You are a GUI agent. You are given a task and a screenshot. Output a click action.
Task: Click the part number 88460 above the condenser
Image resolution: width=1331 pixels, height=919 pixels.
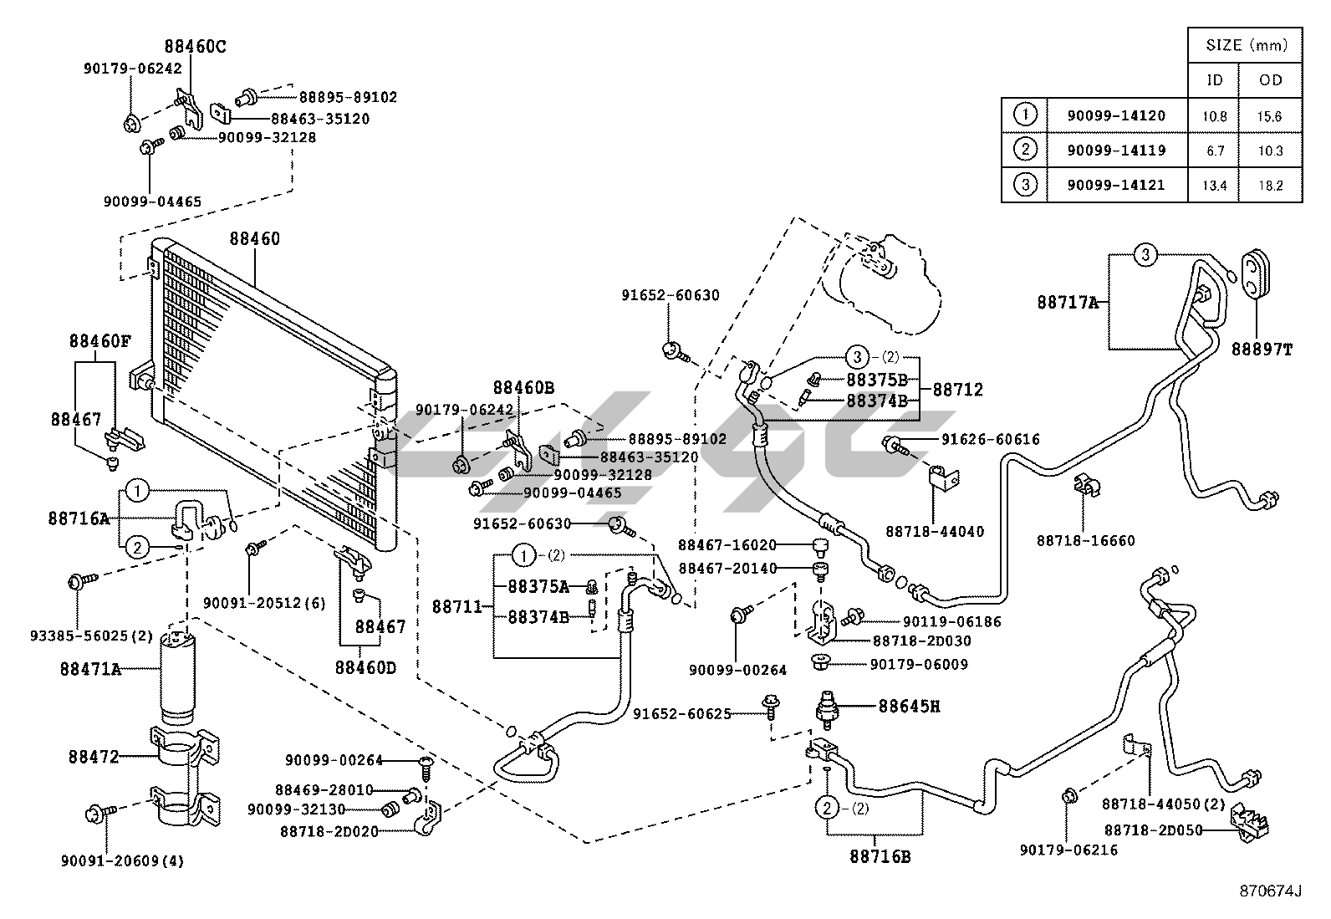[x=255, y=239]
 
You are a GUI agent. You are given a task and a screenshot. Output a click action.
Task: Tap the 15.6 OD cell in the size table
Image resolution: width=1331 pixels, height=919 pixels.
[x=1269, y=116]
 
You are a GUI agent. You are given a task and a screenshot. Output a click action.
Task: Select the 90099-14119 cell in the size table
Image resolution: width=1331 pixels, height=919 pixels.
[x=1116, y=151]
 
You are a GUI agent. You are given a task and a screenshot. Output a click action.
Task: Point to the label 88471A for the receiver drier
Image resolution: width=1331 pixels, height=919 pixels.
[x=90, y=669]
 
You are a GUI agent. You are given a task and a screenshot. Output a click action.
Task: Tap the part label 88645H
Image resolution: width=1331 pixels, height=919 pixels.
[x=909, y=706]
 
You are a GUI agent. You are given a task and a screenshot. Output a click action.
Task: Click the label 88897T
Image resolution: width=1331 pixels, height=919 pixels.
[x=1261, y=350]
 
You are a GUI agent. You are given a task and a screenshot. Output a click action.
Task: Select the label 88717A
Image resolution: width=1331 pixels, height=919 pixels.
[x=1068, y=303]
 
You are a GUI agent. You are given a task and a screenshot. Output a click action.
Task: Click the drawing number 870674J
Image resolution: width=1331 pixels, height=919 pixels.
[x=1271, y=891]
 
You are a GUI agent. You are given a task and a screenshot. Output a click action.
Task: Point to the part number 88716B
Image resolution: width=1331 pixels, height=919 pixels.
[x=880, y=856]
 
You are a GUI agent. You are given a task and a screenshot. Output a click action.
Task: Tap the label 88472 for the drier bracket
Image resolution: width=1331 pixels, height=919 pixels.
[x=94, y=757]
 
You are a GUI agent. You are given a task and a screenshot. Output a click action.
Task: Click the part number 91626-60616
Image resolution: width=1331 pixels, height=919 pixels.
[x=991, y=440]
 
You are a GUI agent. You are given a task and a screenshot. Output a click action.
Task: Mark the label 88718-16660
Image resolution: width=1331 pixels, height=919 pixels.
[x=1086, y=541]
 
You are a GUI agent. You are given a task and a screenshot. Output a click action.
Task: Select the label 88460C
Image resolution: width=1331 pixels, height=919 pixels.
[x=195, y=47]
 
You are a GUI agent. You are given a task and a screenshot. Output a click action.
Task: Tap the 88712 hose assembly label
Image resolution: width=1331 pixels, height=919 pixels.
[x=958, y=390]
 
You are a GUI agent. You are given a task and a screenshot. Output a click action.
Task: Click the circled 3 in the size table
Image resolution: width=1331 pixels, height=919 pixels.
[x=1025, y=185]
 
